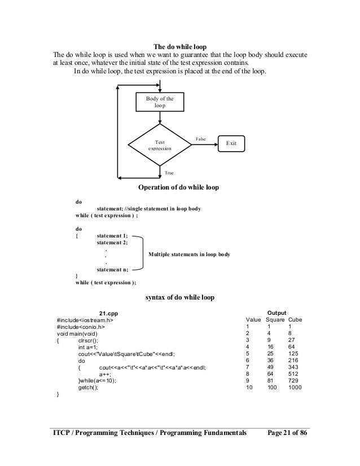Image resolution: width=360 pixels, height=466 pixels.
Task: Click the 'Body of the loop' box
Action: tap(160, 102)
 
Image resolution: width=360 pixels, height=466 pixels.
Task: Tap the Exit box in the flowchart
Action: tap(231, 144)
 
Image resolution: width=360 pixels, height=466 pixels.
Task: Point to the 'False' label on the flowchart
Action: tap(200, 138)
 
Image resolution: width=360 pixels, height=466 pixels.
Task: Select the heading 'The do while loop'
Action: tap(179, 46)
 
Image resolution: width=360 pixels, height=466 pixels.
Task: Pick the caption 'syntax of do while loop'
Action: tap(179, 297)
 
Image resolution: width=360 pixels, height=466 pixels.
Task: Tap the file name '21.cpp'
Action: tap(109, 313)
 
